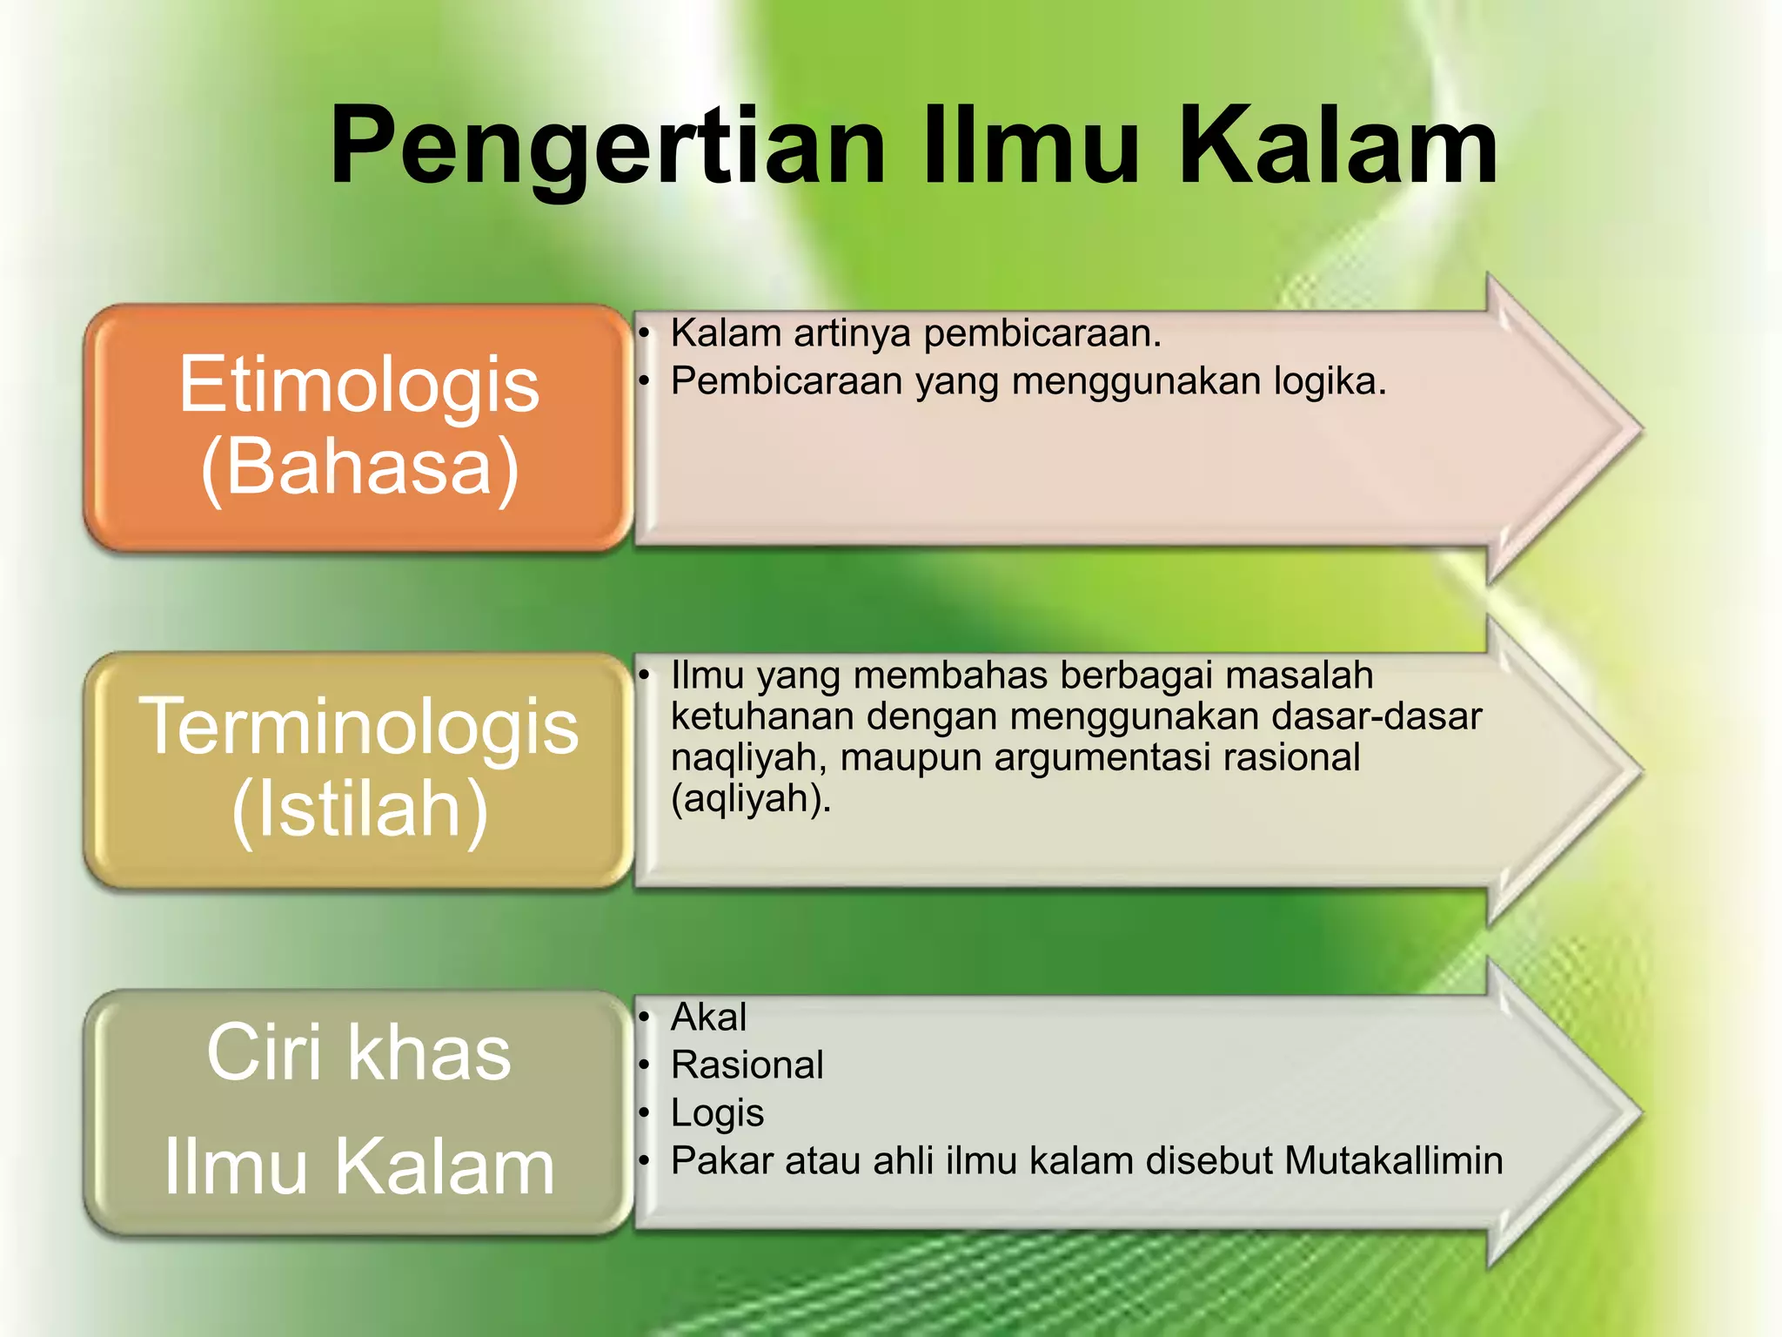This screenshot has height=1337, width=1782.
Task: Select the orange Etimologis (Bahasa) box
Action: pyautogui.click(x=358, y=427)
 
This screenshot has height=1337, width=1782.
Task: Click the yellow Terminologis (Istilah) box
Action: pyautogui.click(x=358, y=769)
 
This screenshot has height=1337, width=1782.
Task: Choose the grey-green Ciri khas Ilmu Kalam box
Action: pyautogui.click(x=358, y=1112)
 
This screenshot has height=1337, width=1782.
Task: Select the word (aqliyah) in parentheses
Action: pyautogui.click(x=750, y=798)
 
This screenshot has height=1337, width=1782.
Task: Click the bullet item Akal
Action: pyautogui.click(x=708, y=1017)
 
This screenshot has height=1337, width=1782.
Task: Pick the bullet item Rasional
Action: pyautogui.click(x=747, y=1065)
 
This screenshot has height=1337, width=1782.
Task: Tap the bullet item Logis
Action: pyautogui.click(x=717, y=1113)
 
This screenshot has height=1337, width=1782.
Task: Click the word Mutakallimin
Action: pyautogui.click(x=1393, y=1161)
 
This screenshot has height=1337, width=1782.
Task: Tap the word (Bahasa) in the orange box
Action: pyautogui.click(x=359, y=467)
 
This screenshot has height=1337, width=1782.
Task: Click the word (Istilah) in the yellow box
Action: pyautogui.click(x=359, y=810)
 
